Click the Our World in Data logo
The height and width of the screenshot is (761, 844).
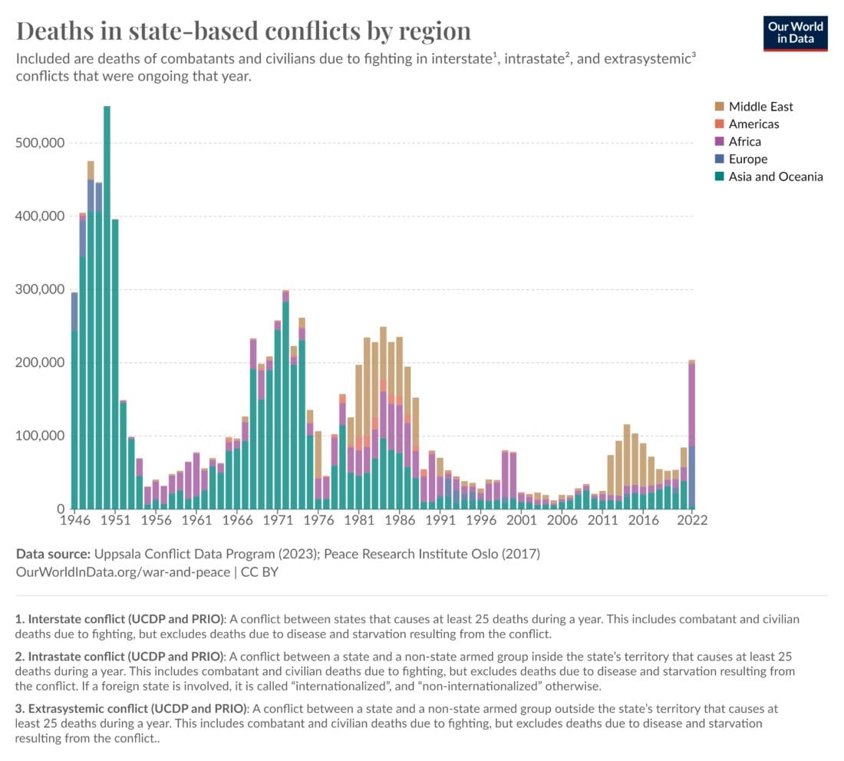click(x=795, y=31)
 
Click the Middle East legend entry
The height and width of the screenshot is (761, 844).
click(x=760, y=107)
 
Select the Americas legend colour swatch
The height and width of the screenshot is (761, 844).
click(x=719, y=124)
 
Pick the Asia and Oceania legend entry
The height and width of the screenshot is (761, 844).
click(x=775, y=176)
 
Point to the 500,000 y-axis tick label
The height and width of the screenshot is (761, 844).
click(x=40, y=143)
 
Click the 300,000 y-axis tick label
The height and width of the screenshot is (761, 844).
click(x=40, y=290)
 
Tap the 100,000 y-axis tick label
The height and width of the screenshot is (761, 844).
click(x=40, y=436)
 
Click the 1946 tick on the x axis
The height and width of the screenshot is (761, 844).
click(x=74, y=519)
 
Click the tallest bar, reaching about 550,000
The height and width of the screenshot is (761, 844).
click(x=107, y=307)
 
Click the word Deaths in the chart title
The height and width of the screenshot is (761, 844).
click(x=53, y=31)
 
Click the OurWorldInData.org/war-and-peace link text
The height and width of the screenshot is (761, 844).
click(x=122, y=572)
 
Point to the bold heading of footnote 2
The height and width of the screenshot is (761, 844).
click(x=126, y=657)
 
